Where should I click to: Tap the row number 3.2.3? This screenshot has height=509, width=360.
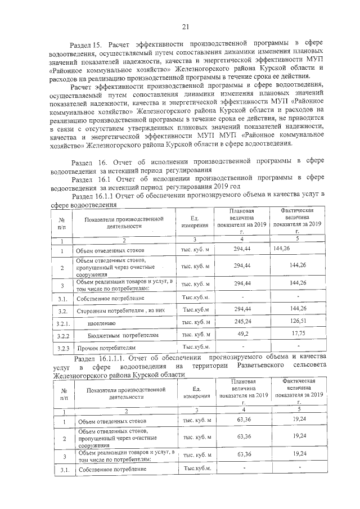click(x=64, y=348)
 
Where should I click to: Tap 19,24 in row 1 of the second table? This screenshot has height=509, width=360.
click(x=296, y=421)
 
